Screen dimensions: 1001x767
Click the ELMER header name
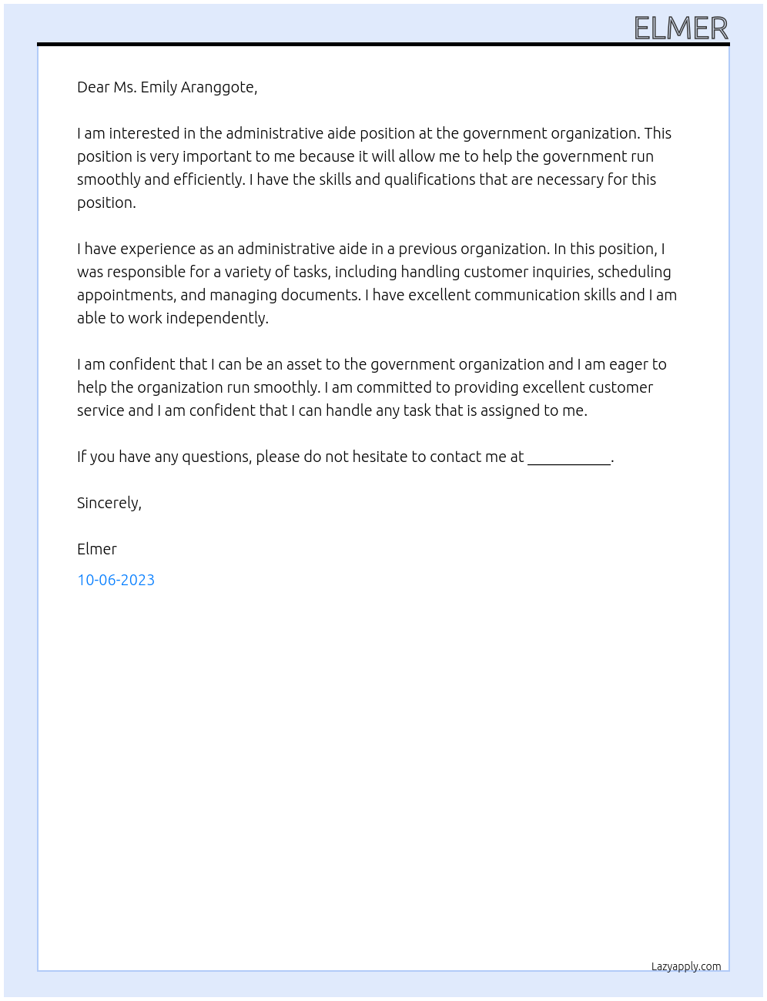click(681, 28)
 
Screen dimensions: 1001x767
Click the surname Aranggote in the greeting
click(219, 87)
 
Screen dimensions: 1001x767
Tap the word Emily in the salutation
click(159, 87)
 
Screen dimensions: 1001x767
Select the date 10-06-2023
click(116, 580)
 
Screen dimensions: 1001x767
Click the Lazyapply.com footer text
click(686, 966)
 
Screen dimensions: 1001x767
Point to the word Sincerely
click(109, 503)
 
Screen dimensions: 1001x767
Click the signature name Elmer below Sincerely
click(97, 549)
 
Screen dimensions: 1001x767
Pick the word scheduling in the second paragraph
click(635, 272)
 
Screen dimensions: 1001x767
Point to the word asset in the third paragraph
click(304, 364)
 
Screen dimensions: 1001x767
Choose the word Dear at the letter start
click(93, 87)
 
